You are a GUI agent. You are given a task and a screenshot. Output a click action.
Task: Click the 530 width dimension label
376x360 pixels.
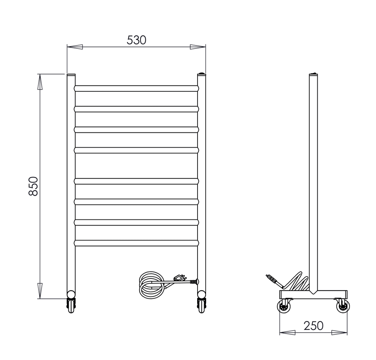pyautogui.click(x=136, y=40)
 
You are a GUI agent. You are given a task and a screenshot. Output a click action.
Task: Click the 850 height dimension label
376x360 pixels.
pyautogui.click(x=33, y=186)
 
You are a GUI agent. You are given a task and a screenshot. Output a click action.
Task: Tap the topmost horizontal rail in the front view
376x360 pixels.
pyautogui.click(x=136, y=88)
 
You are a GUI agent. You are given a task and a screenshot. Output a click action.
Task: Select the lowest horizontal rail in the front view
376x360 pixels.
pyautogui.click(x=136, y=243)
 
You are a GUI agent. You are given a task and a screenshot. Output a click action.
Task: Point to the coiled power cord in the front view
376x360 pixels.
pyautogui.click(x=151, y=285)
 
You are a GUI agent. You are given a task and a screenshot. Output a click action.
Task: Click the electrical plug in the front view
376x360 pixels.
pyautogui.click(x=179, y=278)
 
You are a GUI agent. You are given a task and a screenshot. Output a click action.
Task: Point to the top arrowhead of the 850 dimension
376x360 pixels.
pyautogui.click(x=40, y=82)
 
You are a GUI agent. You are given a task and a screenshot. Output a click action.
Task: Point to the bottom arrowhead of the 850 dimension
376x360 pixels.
pyautogui.click(x=40, y=291)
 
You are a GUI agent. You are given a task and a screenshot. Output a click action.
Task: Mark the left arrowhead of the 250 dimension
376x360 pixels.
pyautogui.click(x=287, y=332)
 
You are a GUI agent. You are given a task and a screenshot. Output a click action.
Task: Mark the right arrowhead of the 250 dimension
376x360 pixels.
pyautogui.click(x=339, y=332)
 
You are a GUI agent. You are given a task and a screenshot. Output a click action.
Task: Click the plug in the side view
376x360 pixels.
pyautogui.click(x=274, y=280)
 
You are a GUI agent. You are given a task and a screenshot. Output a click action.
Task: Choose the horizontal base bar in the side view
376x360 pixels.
pyautogui.click(x=313, y=294)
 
